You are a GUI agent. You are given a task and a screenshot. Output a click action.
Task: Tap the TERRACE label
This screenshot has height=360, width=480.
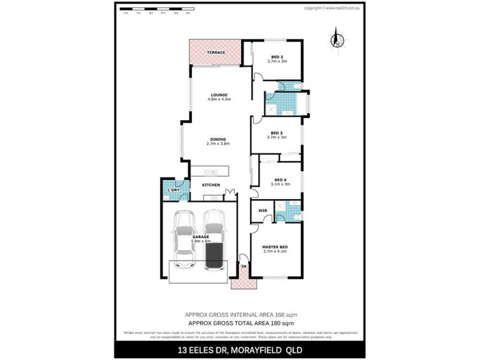click(216, 53)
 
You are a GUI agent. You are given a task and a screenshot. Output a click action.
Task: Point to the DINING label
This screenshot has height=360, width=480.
click(218, 139)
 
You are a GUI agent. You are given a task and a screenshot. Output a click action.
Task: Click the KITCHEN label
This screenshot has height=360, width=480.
click(211, 185)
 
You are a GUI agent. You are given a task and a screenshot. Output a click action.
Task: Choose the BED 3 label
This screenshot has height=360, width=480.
click(277, 133)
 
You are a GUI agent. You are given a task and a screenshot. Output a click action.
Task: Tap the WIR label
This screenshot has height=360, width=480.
click(262, 211)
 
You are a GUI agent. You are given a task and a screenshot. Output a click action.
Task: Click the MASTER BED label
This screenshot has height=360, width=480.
click(276, 247)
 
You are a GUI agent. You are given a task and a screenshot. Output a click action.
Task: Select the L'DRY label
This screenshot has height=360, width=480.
click(173, 190)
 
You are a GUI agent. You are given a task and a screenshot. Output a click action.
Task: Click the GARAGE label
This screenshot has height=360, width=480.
click(201, 237)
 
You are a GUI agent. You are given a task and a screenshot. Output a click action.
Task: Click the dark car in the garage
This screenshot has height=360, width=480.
click(214, 240)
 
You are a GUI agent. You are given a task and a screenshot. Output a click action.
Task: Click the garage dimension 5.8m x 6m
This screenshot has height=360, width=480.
click(201, 241)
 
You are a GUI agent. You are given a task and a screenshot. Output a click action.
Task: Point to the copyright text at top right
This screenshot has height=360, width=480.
click(332, 8)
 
